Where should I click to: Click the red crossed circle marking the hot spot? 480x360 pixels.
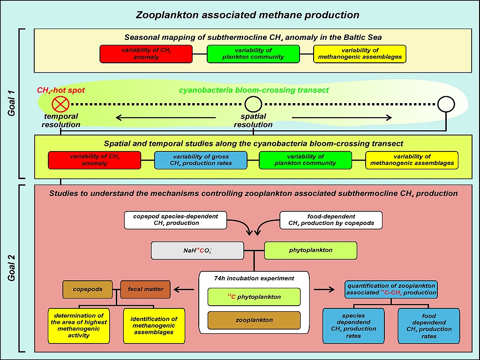point(61,104)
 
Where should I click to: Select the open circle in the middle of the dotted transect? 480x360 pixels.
point(253,104)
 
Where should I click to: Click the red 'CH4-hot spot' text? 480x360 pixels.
point(61,90)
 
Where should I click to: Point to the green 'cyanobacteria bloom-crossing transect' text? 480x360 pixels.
point(254,90)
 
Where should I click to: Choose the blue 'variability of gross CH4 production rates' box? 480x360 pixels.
point(200,160)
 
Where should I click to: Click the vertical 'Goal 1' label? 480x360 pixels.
point(13,104)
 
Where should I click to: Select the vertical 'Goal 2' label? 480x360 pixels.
point(13,268)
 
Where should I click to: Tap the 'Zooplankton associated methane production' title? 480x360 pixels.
point(247,15)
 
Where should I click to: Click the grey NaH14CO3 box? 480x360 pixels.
point(197,250)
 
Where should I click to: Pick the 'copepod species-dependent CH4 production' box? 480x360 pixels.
point(176,220)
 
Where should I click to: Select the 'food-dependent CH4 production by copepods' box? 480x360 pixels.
point(331,220)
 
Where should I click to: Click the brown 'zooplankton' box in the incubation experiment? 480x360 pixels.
point(254,320)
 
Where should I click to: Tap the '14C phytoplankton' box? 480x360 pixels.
point(254,297)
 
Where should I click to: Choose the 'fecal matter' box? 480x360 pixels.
point(145,289)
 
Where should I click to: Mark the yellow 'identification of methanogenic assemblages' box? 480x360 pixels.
point(154,325)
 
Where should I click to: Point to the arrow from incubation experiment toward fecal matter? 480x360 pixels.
point(185,289)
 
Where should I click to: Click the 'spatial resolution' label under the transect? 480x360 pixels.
point(253,120)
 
